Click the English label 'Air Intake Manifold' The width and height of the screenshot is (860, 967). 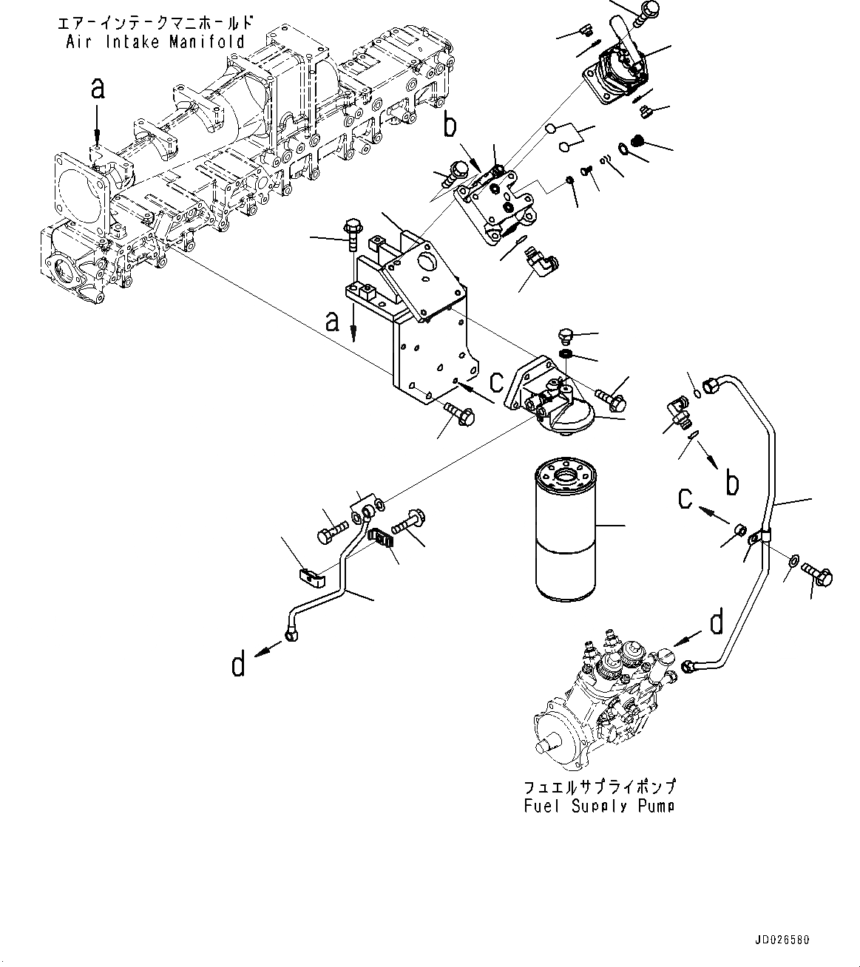point(155,41)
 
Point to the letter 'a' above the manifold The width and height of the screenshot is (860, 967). point(98,89)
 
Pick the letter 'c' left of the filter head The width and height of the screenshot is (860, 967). point(497,380)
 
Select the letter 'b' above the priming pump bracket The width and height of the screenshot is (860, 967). point(450,127)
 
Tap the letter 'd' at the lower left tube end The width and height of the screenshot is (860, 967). point(237,665)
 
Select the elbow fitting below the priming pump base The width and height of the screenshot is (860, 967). point(542,260)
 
